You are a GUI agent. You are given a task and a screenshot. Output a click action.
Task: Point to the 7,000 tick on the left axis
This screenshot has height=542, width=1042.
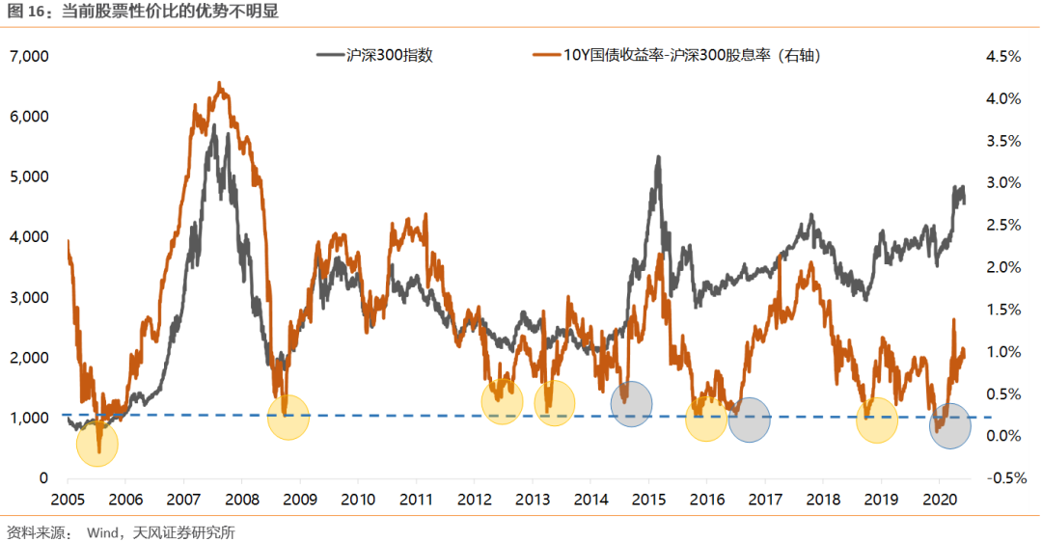[x=28, y=57]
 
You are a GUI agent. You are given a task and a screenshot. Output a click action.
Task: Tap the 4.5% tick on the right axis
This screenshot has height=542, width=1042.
[x=1002, y=57]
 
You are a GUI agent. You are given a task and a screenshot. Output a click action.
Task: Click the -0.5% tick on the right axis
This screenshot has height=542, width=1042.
[x=1002, y=478]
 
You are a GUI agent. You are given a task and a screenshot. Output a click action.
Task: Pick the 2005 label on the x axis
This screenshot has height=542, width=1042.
[x=68, y=500]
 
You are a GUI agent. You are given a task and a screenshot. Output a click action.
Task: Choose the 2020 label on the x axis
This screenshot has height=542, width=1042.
[x=940, y=500]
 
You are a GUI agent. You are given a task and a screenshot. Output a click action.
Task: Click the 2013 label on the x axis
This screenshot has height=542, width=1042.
[x=533, y=500]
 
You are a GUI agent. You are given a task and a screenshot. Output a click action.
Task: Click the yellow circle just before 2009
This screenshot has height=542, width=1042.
[x=288, y=417]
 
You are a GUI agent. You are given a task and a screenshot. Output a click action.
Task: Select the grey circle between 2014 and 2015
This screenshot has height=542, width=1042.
[x=632, y=403]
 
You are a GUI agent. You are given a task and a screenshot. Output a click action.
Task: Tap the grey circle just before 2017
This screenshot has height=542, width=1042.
[x=750, y=420]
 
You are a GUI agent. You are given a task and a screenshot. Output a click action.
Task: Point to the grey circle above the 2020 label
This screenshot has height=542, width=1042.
[x=950, y=426]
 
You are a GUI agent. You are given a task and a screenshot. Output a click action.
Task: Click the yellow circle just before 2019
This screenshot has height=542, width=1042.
[x=877, y=420]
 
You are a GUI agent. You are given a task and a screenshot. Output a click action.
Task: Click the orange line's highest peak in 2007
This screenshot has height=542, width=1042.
[x=220, y=83]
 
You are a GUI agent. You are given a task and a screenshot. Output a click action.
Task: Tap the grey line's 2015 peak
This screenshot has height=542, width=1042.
[x=658, y=156]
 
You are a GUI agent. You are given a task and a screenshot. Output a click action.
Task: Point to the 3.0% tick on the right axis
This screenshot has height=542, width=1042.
[x=1002, y=183]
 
